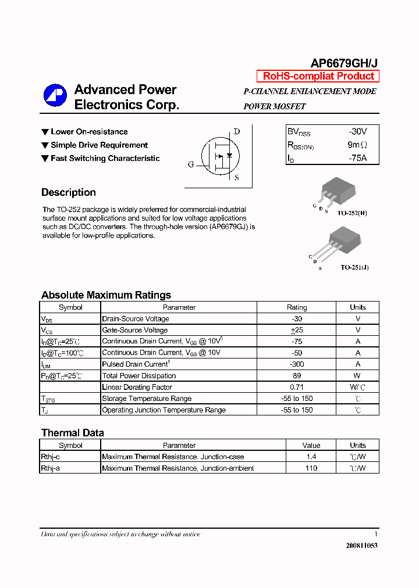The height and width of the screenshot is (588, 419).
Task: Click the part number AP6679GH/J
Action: click(345, 63)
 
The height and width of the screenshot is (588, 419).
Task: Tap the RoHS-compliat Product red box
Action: click(318, 76)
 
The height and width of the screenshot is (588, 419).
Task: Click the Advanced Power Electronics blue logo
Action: click(55, 96)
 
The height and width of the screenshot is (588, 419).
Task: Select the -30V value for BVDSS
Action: click(358, 132)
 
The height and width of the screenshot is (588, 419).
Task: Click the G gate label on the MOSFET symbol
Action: click(191, 164)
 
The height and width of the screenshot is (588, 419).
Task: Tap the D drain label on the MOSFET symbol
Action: click(237, 131)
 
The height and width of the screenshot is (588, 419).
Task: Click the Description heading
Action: click(69, 192)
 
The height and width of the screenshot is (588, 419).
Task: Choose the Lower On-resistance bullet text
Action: click(89, 132)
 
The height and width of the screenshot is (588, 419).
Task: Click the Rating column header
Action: click(297, 307)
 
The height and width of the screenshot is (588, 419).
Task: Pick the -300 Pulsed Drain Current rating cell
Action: click(297, 364)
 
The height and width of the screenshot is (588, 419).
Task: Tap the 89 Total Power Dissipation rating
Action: click(297, 376)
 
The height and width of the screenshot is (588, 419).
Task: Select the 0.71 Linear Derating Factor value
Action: click(297, 387)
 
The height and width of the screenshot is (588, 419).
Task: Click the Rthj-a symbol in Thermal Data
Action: click(51, 468)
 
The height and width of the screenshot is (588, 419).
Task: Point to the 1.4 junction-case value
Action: click(311, 457)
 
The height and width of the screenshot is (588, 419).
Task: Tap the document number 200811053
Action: click(361, 546)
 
